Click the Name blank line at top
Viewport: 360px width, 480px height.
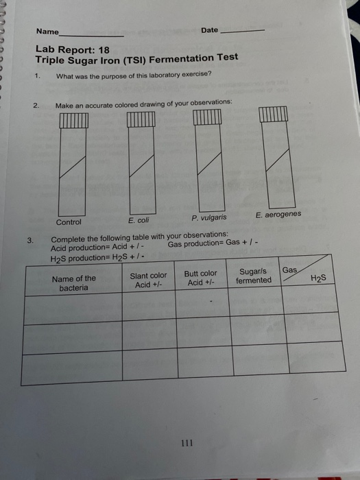[x=92, y=34]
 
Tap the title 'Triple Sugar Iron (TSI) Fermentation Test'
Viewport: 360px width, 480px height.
[x=137, y=59]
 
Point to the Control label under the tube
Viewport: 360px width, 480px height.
[x=69, y=222]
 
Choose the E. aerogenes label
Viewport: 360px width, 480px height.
[x=278, y=215]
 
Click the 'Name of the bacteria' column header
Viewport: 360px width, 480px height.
[x=73, y=283]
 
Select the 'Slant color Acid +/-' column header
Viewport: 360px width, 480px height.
[x=148, y=280]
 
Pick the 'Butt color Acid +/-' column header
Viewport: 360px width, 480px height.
[x=201, y=278]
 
